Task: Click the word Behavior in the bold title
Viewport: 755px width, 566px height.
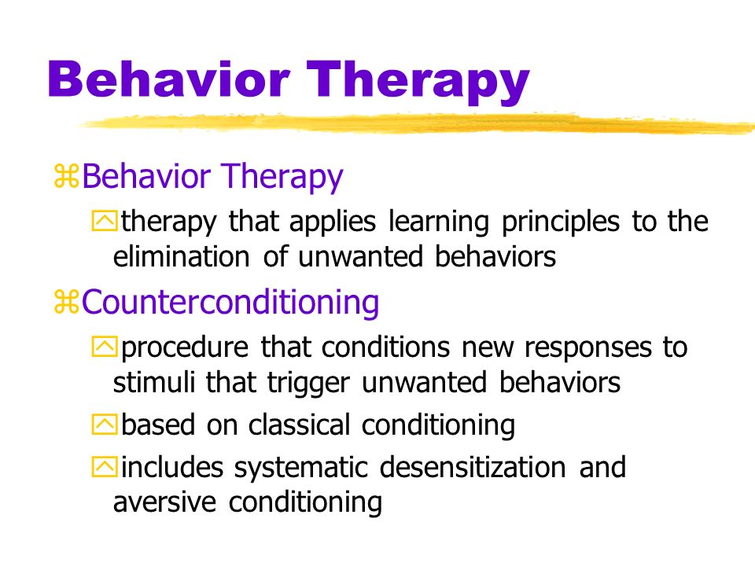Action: click(x=168, y=79)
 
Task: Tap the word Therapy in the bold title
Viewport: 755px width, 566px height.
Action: click(x=418, y=83)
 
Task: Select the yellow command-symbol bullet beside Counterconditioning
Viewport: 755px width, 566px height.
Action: click(x=66, y=302)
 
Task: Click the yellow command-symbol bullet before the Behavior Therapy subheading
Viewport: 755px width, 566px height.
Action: click(x=66, y=175)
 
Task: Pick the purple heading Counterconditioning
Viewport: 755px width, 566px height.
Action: click(x=230, y=302)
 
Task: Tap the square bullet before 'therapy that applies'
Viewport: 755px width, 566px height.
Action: click(x=104, y=221)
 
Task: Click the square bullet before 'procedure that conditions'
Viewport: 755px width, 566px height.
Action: click(x=104, y=347)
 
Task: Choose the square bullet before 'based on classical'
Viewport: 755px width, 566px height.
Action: click(x=104, y=424)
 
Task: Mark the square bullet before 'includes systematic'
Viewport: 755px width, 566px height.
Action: click(x=104, y=467)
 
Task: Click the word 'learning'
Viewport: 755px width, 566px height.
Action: click(x=439, y=222)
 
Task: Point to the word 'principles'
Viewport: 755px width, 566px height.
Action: click(x=561, y=222)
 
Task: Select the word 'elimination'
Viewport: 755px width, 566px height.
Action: click(x=181, y=256)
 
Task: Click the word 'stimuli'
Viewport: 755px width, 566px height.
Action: click(x=154, y=382)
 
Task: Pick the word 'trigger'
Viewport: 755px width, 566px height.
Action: click(x=308, y=384)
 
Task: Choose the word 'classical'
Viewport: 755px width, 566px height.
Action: click(x=299, y=425)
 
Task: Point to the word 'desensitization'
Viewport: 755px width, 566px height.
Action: click(x=473, y=467)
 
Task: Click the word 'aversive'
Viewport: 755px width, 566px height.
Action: click(x=164, y=502)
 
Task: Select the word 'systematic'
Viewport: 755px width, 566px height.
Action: click(x=301, y=469)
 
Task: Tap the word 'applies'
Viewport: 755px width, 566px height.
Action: click(x=332, y=222)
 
